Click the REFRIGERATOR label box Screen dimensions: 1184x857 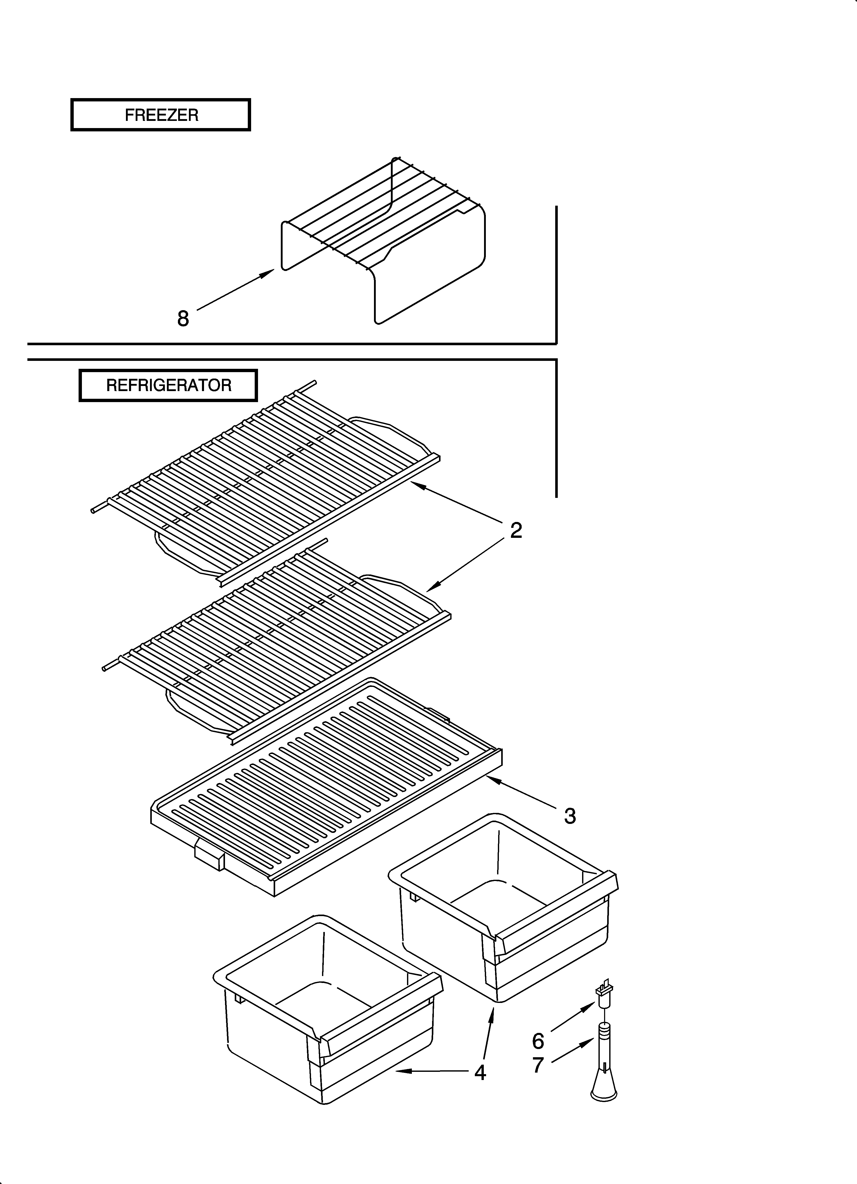coord(168,386)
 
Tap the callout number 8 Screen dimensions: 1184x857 coord(183,318)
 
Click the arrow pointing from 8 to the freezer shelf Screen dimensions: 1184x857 coord(235,290)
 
